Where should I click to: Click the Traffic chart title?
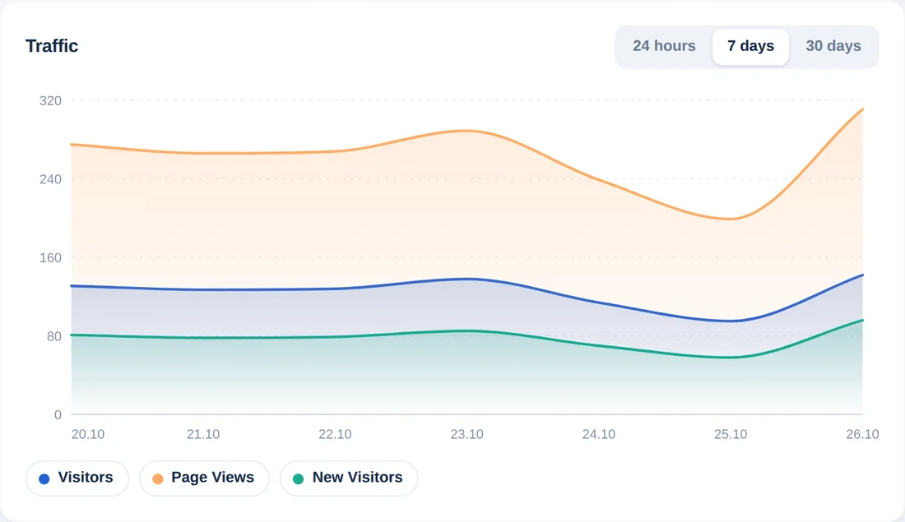click(51, 46)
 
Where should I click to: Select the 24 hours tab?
click(664, 46)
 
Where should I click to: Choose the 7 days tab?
click(750, 46)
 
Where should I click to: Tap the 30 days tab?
click(833, 46)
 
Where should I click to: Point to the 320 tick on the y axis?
click(50, 101)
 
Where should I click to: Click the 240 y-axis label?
click(50, 179)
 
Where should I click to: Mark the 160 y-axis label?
click(50, 258)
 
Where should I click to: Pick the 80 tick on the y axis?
click(54, 336)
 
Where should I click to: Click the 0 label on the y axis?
click(58, 414)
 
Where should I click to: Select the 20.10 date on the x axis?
click(88, 434)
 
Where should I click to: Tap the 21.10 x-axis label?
click(203, 434)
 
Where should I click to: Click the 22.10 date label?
click(335, 434)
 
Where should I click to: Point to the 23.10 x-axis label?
click(467, 434)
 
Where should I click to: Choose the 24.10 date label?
click(598, 434)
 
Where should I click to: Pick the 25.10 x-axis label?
click(731, 434)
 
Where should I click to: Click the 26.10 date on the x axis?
click(862, 434)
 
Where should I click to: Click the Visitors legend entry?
click(77, 478)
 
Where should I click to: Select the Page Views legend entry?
click(204, 478)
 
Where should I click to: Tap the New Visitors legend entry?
click(349, 478)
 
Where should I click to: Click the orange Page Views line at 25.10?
click(731, 219)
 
